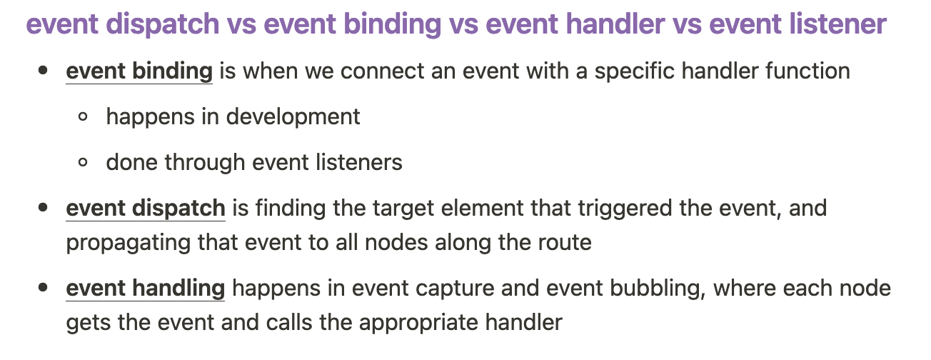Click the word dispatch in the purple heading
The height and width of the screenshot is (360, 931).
tap(165, 24)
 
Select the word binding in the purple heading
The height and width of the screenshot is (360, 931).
tap(393, 24)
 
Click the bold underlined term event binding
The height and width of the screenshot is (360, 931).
tap(139, 71)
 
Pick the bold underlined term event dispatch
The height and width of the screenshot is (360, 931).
tap(146, 209)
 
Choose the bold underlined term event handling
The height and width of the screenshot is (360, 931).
tap(146, 289)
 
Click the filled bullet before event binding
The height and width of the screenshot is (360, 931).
tap(43, 70)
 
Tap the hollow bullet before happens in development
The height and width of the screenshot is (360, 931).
tap(83, 116)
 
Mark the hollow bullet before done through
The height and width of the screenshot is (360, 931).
tap(83, 162)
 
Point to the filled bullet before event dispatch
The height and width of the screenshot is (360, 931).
tap(43, 207)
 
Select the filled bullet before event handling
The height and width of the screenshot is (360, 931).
tap(43, 288)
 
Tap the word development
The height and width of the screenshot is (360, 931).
tap(293, 117)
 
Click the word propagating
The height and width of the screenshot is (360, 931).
tap(128, 243)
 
